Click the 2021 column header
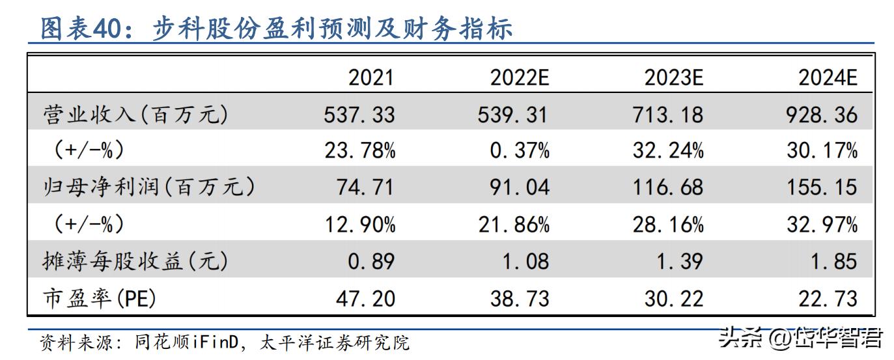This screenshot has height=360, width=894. click(x=371, y=78)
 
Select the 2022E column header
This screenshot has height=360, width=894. click(x=520, y=78)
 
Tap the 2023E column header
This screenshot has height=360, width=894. click(x=674, y=78)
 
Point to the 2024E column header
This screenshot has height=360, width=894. click(x=828, y=78)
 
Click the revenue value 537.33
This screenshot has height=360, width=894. click(x=359, y=115)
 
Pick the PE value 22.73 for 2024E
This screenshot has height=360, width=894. click(x=828, y=298)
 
